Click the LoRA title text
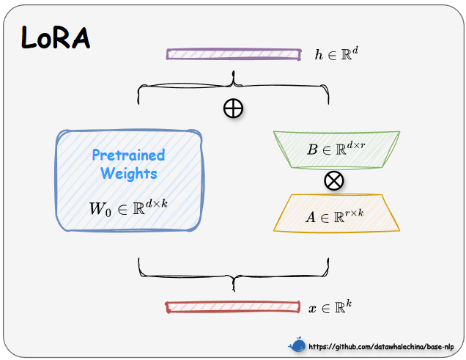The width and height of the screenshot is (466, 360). coord(56,37)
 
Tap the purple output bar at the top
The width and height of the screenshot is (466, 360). coord(233,54)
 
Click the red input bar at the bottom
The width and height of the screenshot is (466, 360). coord(233,307)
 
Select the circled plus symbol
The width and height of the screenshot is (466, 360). coord(233,109)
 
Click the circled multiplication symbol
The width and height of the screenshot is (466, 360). coord(334,180)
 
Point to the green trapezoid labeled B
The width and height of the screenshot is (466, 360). coord(336,150)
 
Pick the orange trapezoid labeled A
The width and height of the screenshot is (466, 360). coord(336,214)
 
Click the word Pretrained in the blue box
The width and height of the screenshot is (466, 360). coord(128,155)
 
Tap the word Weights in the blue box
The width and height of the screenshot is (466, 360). coord(128,174)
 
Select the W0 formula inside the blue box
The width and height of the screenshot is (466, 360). coord(128,207)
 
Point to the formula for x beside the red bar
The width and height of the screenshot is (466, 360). coord(330,308)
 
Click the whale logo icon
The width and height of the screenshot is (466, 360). coord(297,345)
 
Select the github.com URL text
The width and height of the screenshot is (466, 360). coord(382,346)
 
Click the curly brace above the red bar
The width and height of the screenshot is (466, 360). coord(233,273)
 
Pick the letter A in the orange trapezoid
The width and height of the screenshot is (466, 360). coord(311,217)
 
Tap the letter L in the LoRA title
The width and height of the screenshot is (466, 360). coord(29,38)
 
